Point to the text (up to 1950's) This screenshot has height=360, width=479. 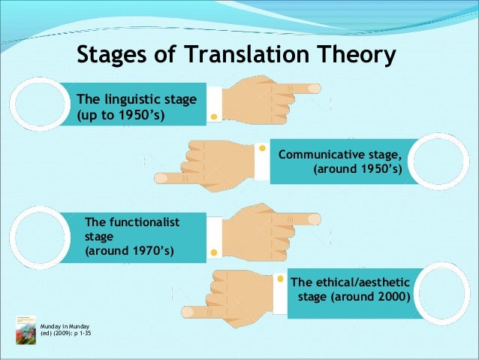120,115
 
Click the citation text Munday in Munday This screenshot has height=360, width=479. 65,324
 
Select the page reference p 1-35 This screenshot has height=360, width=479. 91,331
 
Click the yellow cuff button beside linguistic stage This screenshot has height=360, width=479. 214,116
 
